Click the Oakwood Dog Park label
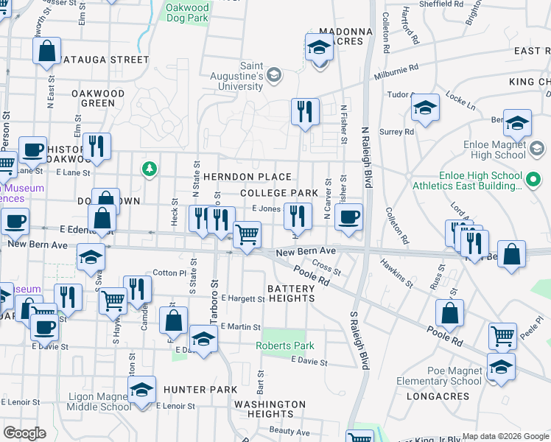[x=187, y=14]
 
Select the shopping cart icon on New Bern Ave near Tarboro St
[x=247, y=235]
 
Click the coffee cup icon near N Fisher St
[x=348, y=217]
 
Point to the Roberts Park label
[x=284, y=345]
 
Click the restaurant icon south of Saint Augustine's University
[x=305, y=112]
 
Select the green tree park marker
[x=150, y=169]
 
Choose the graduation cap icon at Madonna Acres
[x=319, y=49]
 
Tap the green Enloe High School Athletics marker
[x=532, y=179]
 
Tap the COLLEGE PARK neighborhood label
[x=278, y=193]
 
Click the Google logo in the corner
[x=24, y=433]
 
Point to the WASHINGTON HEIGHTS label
[x=270, y=409]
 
